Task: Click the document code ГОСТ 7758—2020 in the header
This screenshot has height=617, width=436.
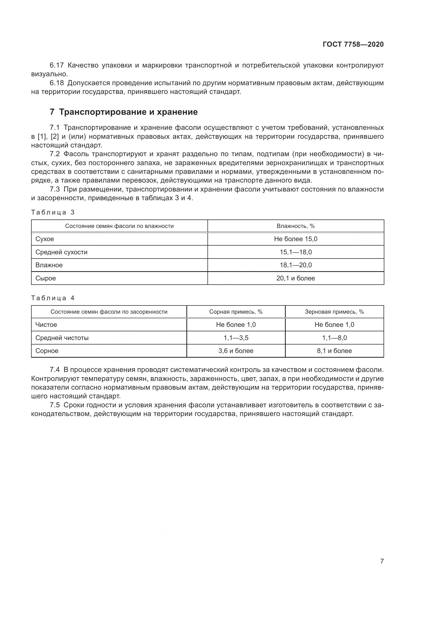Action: tap(353, 44)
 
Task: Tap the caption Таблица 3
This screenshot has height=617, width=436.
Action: tap(53, 212)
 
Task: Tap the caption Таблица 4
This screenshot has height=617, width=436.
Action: tap(53, 298)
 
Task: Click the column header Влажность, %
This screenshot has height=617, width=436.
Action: tap(295, 226)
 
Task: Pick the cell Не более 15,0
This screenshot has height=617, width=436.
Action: tap(295, 239)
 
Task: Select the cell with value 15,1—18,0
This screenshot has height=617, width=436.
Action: tap(295, 252)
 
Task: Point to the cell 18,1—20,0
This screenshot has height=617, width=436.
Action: tap(295, 265)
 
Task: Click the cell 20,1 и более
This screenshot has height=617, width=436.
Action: tap(295, 278)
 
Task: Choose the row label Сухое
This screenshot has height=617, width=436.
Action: tap(45, 239)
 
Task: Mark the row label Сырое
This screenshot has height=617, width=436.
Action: tap(46, 278)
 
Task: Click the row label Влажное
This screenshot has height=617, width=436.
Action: tap(49, 265)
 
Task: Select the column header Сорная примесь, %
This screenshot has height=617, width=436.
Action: tap(236, 312)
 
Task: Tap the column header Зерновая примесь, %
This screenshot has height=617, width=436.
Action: tap(334, 312)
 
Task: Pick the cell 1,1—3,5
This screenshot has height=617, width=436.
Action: tap(236, 338)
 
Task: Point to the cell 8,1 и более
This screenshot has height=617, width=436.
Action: tap(334, 351)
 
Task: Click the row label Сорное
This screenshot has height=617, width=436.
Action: tap(47, 351)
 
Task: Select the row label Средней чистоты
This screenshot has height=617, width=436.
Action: tap(62, 338)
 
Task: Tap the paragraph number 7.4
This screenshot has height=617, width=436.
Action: tap(55, 370)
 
